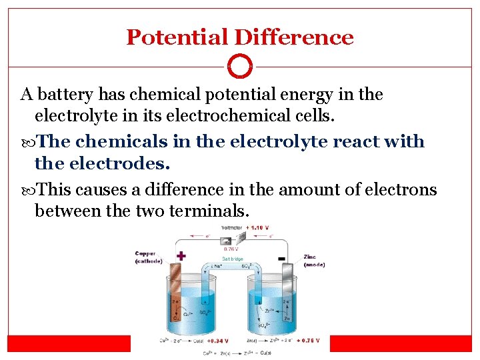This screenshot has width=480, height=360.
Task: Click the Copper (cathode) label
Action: point(148,257)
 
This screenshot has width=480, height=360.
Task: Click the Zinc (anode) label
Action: point(313,261)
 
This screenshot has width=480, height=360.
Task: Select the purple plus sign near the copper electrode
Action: point(180,255)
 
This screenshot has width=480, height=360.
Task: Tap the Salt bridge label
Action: point(232,259)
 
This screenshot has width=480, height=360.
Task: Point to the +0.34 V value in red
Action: point(217,340)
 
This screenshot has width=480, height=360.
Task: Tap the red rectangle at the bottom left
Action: point(68,343)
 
